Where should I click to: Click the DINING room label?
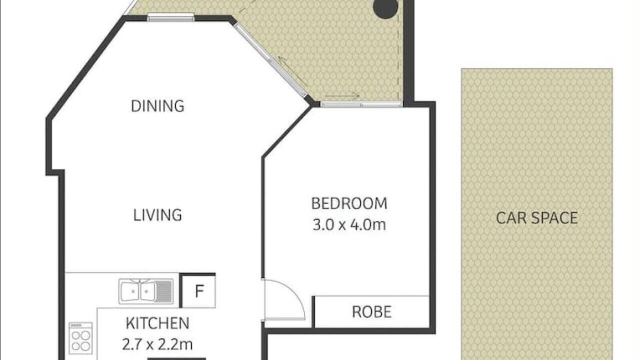point(157,106)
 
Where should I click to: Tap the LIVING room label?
point(157,215)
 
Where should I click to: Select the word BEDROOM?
point(349,203)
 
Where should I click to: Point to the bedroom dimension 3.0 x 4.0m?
point(349,224)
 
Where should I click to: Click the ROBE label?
point(371,311)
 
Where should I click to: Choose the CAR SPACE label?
point(537,218)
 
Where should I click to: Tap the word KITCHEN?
point(157,323)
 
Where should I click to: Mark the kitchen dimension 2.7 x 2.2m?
point(157,344)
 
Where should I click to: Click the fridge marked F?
point(198,291)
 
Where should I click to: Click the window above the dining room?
point(171,17)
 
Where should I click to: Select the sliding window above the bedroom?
point(361,104)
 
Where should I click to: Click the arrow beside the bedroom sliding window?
point(342,95)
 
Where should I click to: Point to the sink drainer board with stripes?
point(163,291)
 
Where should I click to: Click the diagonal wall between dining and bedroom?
point(286,132)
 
